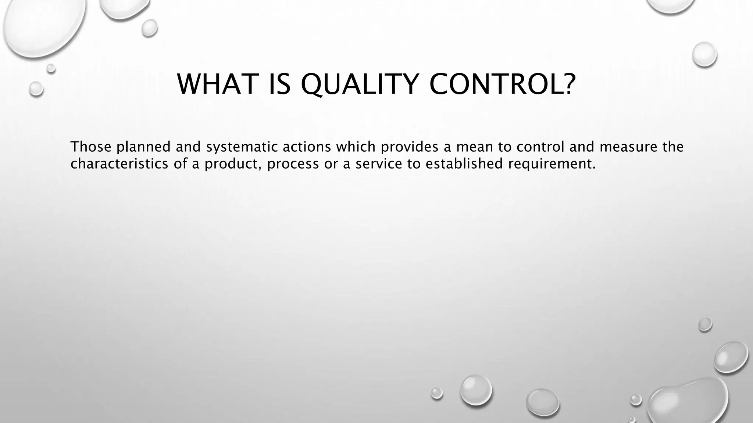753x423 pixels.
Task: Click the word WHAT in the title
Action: [x=216, y=84]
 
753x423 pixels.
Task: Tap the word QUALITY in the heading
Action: [x=360, y=85]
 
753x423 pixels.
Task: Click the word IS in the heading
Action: [x=280, y=84]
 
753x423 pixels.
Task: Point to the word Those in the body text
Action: [x=90, y=147]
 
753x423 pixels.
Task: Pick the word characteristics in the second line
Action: [x=119, y=164]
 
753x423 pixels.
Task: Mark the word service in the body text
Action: [x=379, y=164]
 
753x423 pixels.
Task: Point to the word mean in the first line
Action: [x=474, y=147]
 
